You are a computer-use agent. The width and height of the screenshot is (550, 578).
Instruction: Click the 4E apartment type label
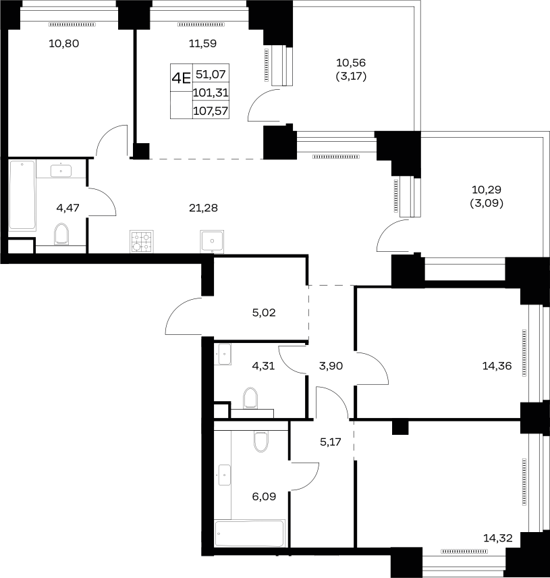click(x=182, y=78)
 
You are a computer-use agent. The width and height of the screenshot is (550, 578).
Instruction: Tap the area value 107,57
click(x=211, y=111)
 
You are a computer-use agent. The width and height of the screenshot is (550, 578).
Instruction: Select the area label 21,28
click(x=203, y=208)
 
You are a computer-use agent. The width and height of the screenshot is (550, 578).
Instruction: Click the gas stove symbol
click(x=142, y=242)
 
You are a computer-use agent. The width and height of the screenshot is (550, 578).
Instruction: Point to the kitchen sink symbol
click(x=212, y=242)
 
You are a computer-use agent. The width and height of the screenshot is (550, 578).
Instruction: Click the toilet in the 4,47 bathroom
click(x=61, y=234)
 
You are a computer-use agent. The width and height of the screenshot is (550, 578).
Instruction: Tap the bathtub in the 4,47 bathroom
click(x=22, y=195)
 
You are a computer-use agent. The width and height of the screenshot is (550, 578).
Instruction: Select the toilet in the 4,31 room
click(x=250, y=398)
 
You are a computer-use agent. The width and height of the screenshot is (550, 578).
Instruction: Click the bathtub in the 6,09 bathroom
click(x=250, y=533)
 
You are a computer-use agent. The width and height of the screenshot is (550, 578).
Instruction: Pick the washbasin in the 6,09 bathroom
click(x=224, y=475)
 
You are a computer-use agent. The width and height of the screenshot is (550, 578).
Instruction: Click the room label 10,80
click(x=63, y=43)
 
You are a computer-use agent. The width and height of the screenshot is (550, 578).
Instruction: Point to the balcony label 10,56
click(x=351, y=63)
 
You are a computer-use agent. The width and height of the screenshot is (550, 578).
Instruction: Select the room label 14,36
click(x=497, y=366)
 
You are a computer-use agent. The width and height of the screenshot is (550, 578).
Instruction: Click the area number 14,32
click(x=497, y=538)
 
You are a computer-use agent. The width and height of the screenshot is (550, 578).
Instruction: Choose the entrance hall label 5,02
click(x=264, y=313)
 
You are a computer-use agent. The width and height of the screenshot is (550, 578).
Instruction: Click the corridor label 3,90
click(x=331, y=366)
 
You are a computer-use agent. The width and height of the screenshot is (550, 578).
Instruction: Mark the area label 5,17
click(x=331, y=442)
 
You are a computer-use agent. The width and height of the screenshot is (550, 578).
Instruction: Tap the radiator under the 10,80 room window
click(x=72, y=25)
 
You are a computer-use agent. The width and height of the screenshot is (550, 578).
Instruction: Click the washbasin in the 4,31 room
click(x=224, y=354)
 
